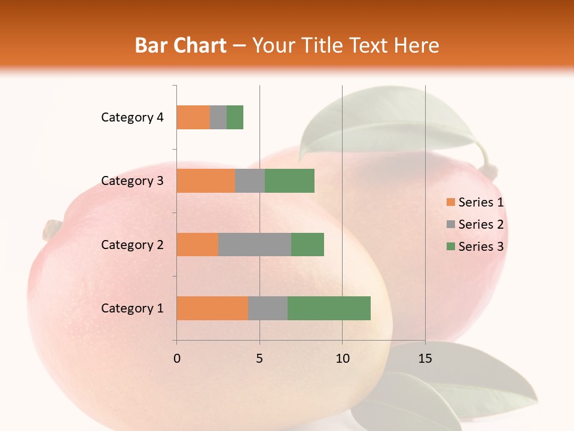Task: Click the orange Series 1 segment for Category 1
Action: tap(212, 308)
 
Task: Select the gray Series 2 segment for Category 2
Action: tap(255, 244)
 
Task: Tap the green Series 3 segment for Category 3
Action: tap(289, 181)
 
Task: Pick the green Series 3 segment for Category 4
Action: tap(235, 117)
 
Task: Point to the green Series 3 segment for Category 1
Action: tap(329, 308)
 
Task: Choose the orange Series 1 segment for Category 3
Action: tap(206, 181)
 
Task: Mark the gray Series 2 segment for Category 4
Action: tap(218, 117)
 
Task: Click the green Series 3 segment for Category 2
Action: tap(307, 244)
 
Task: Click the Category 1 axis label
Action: tap(132, 308)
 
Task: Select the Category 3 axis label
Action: tap(132, 181)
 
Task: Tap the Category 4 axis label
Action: tap(132, 117)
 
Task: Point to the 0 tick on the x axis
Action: tap(177, 359)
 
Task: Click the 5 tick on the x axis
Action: tap(259, 359)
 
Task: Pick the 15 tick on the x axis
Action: tap(425, 359)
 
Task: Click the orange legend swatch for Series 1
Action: tap(450, 202)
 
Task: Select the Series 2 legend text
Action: tap(481, 224)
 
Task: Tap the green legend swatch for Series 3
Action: tap(450, 247)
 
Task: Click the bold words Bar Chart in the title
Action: tap(181, 45)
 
